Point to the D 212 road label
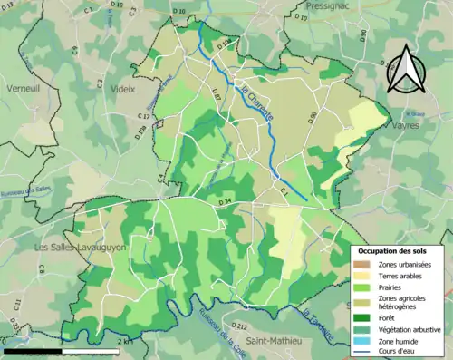coord(239,325)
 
